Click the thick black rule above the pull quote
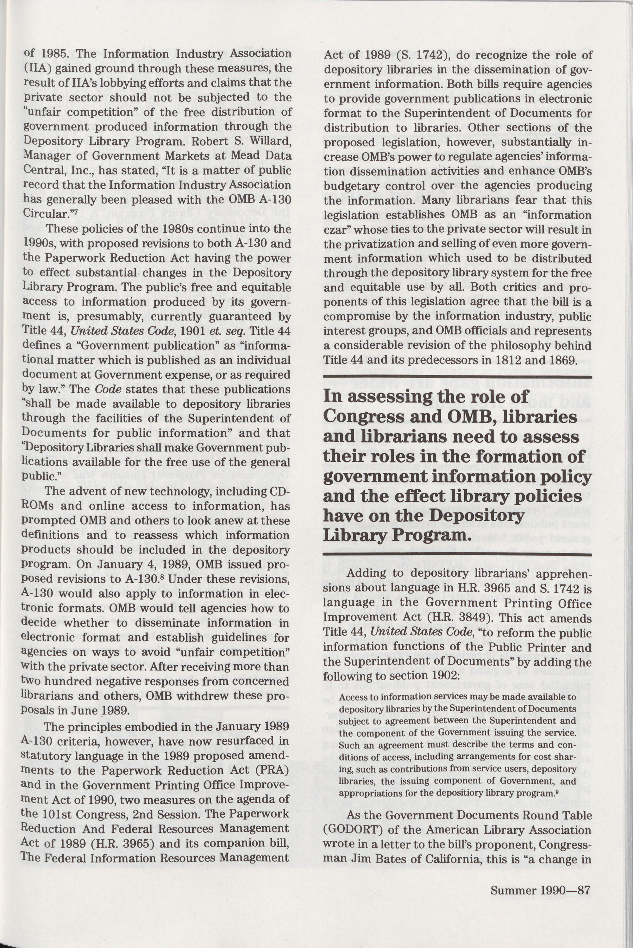(x=457, y=377)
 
